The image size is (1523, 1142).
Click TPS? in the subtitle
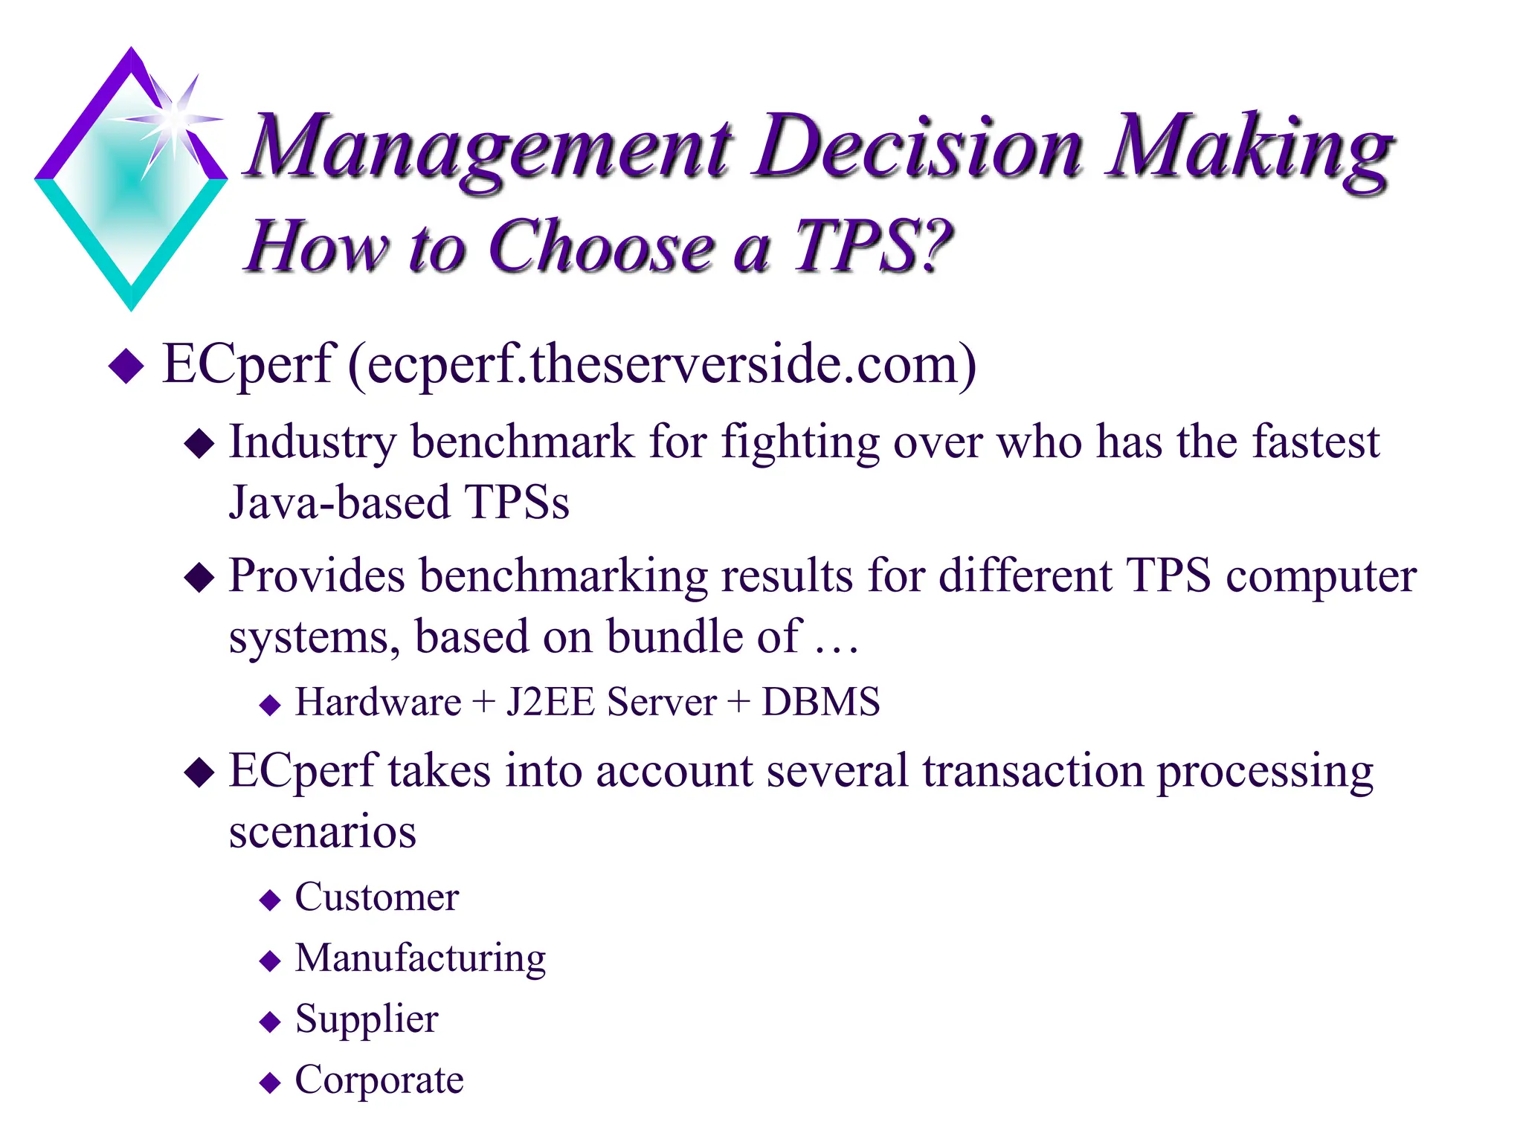point(873,247)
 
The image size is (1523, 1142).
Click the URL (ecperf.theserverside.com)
point(662,364)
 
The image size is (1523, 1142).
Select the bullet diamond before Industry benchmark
point(199,444)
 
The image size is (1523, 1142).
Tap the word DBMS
point(820,702)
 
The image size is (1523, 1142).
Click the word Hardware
point(378,702)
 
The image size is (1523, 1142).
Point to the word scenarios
point(322,832)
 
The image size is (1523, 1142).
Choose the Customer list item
point(376,897)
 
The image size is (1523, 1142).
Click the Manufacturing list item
point(420,958)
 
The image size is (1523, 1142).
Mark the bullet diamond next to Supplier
point(270,1022)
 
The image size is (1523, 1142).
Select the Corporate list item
point(379,1080)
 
